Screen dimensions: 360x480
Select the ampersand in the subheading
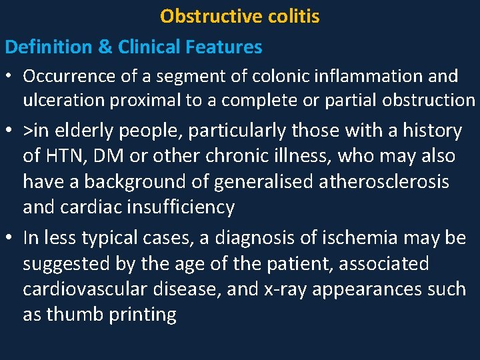107,47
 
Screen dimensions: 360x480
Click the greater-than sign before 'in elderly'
28,131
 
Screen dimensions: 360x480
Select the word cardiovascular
88,289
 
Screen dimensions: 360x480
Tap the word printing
141,315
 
